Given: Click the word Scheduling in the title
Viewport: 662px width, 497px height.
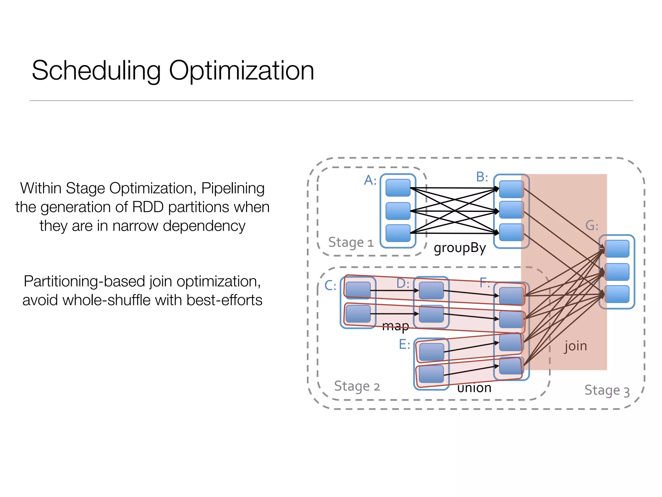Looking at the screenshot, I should (x=96, y=71).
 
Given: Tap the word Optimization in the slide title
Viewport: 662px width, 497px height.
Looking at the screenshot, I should (x=241, y=71).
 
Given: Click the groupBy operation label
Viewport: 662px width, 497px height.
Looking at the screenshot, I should (x=460, y=248).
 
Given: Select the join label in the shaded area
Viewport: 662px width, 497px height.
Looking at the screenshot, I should (x=575, y=346).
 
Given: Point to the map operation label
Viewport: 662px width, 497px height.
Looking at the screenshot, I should (x=395, y=326).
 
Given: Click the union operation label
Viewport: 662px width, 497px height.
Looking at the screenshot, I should (x=474, y=388).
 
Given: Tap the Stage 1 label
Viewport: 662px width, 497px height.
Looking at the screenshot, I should (x=351, y=242).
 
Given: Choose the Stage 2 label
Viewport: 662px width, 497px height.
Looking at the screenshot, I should (x=357, y=386).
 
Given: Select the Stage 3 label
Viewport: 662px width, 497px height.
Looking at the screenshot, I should (x=607, y=391).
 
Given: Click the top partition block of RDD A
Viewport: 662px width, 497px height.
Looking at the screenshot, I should (x=398, y=188).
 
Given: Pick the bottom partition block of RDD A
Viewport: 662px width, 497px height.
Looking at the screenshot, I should (x=398, y=233).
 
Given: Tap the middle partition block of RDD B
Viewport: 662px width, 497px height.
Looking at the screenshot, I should (x=511, y=210).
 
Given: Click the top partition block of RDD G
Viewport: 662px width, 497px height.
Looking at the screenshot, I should (x=617, y=249).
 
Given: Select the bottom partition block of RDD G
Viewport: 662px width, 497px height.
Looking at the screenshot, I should (x=617, y=294).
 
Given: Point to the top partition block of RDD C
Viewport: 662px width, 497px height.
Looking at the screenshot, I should (x=358, y=290).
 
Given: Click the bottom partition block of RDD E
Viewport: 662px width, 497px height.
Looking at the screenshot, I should (x=432, y=374).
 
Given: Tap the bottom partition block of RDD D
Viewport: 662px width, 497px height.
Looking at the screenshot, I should (x=431, y=314).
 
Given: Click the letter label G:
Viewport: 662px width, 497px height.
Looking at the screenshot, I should (x=592, y=226).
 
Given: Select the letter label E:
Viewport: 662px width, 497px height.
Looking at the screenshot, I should (x=404, y=344).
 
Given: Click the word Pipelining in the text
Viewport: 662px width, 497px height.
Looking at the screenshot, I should (x=233, y=188).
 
